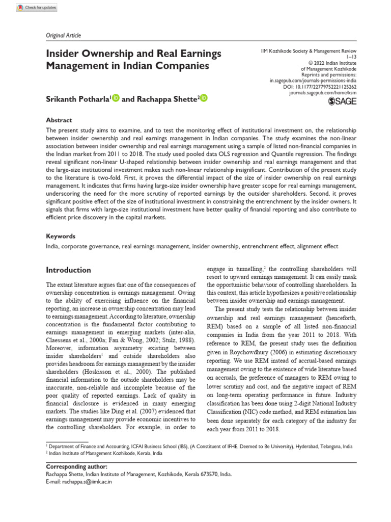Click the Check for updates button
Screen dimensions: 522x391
coord(37,8)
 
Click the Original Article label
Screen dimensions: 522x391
coord(64,35)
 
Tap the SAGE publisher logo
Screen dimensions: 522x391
coord(342,101)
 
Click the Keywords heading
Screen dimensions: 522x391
coord(61,237)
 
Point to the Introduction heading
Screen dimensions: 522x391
coord(69,270)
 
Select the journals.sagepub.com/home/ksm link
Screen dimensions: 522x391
coord(323,93)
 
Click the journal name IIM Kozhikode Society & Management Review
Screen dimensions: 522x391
coord(308,53)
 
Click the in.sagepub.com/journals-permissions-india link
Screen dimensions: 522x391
coord(313,81)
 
